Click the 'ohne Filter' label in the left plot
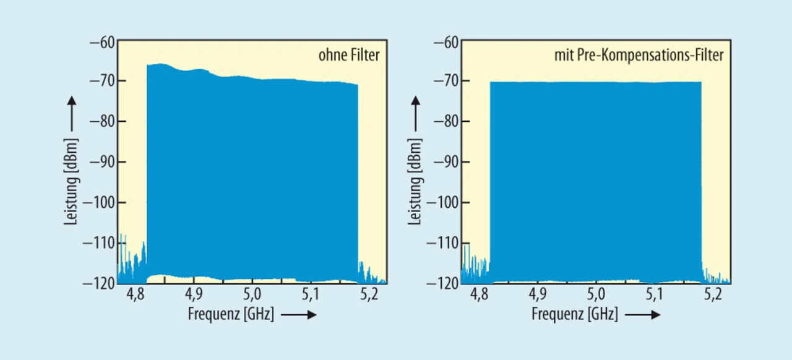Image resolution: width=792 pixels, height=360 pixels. pos(349,56)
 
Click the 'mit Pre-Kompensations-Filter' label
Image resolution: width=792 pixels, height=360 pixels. pos(639,56)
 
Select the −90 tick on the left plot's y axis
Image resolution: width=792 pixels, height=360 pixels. pos(102,162)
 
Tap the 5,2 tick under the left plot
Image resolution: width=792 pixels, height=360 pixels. pos(369,295)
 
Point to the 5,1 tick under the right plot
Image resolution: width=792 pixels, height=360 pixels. pos(655,295)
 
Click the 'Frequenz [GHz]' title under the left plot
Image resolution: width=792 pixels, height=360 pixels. pos(231,314)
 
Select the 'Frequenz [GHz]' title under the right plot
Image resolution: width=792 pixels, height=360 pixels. pos(575,314)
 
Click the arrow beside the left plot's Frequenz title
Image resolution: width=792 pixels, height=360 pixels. pos(299,315)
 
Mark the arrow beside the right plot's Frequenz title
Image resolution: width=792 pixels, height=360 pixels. pos(643,315)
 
